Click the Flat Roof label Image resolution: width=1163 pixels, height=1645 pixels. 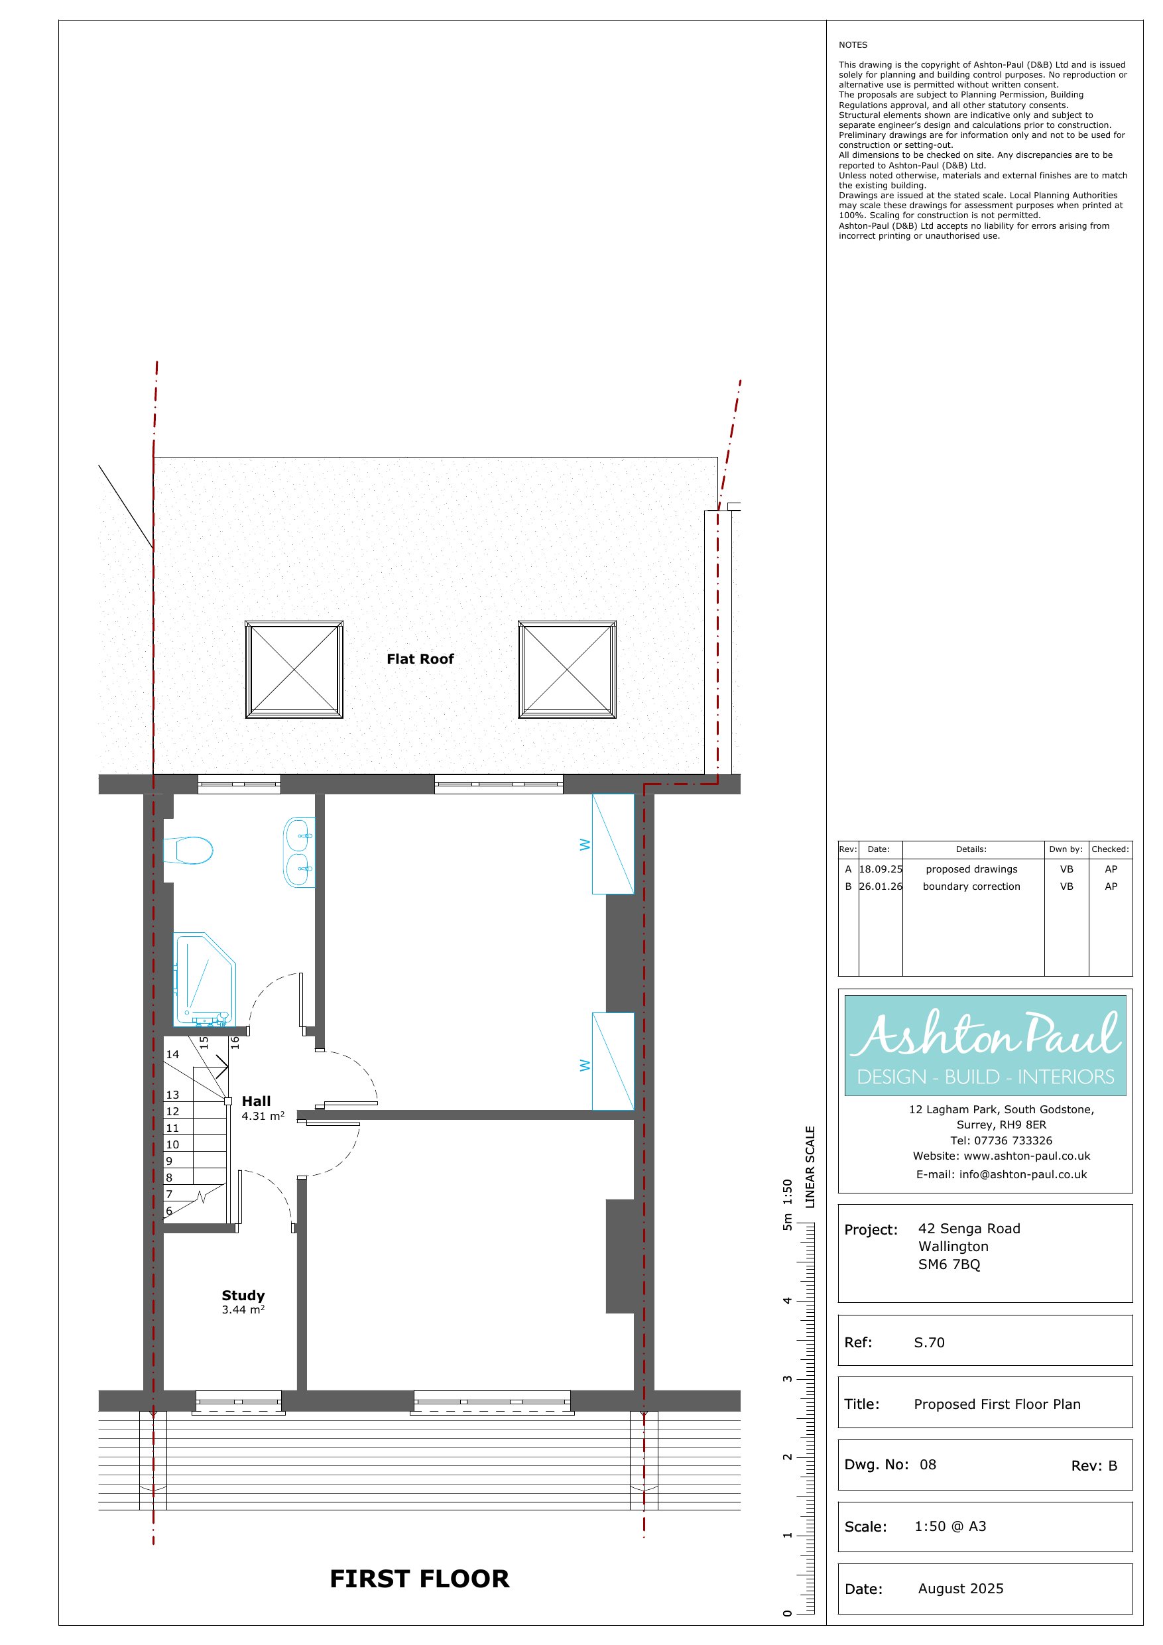[x=420, y=659]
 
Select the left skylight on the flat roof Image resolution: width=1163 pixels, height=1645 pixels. [x=294, y=669]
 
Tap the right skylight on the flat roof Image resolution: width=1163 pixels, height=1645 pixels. [x=567, y=669]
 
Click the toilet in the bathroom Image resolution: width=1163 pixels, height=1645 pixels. [x=188, y=851]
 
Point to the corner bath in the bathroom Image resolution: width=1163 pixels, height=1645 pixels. [x=205, y=979]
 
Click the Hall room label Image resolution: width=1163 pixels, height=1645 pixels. [x=256, y=1101]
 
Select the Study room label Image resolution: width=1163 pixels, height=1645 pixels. [x=243, y=1296]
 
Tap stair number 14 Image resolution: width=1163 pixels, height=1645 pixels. [x=172, y=1055]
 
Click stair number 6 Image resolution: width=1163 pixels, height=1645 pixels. [x=169, y=1211]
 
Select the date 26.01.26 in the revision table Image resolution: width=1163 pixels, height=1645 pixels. [x=881, y=886]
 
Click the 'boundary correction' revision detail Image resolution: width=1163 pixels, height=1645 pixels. [x=971, y=886]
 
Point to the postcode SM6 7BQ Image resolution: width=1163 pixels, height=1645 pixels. [x=949, y=1264]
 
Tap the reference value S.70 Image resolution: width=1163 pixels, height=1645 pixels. [x=929, y=1343]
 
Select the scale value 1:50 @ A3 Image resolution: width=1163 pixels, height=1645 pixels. [x=950, y=1526]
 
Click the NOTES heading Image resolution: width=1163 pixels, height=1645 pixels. [x=853, y=44]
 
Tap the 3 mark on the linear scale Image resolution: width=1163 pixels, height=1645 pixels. [x=787, y=1379]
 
